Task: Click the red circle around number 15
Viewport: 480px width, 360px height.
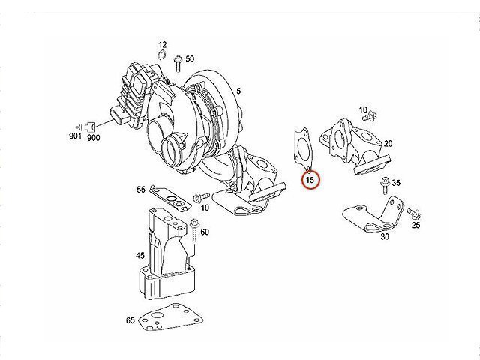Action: point(310,180)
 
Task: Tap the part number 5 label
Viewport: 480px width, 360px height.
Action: point(238,91)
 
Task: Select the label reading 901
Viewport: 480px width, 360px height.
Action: point(75,137)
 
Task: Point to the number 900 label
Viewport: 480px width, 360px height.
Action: point(94,137)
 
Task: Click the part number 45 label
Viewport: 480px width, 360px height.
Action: point(140,256)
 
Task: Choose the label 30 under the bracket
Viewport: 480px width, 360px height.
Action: point(384,237)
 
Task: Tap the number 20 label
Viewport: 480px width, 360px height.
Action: point(388,143)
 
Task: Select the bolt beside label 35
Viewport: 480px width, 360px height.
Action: point(384,183)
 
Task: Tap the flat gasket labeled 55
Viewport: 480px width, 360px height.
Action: point(171,197)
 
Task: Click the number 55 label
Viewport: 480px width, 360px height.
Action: point(140,190)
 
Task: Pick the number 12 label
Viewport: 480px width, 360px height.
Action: point(162,46)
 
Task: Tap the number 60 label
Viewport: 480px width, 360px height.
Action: point(205,232)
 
